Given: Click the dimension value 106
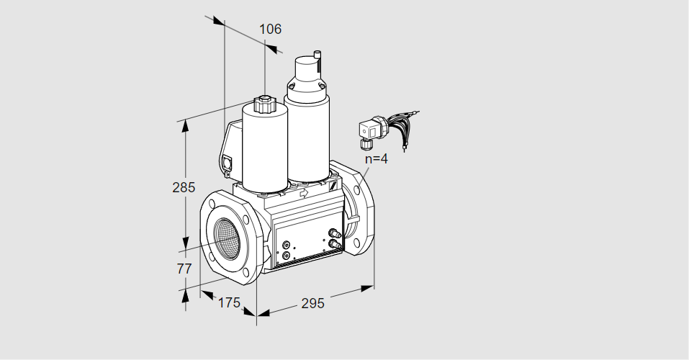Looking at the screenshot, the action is click(270, 29).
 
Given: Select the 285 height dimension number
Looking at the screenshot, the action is click(184, 188).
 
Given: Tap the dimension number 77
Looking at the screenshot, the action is click(184, 269).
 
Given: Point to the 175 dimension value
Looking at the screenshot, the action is click(230, 302).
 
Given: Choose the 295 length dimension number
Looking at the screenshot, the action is click(312, 303).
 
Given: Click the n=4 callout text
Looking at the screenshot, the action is click(377, 158).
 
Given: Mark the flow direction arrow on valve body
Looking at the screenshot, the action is click(303, 192).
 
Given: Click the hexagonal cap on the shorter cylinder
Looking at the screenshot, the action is click(264, 104).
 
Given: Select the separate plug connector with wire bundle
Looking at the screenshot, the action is click(387, 129).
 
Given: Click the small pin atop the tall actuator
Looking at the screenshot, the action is click(318, 55).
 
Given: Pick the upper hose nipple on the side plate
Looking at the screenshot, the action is click(335, 233).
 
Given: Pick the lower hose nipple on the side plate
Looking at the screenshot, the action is click(335, 243).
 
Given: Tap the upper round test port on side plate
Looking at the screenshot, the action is click(287, 245).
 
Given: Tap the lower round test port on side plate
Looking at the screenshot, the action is click(287, 255).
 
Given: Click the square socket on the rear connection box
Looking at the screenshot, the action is click(228, 163).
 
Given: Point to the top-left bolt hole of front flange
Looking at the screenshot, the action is click(212, 204).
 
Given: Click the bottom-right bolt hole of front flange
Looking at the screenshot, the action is click(249, 274).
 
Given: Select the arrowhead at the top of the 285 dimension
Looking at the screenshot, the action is click(186, 125).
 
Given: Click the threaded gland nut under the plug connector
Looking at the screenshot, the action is click(364, 143).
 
